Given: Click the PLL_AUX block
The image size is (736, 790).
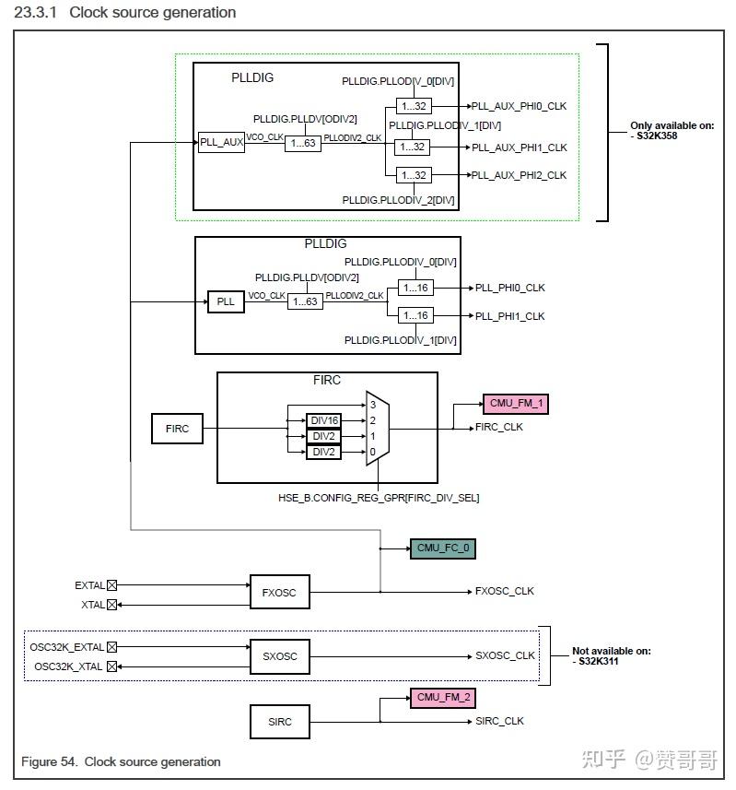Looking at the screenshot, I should pyautogui.click(x=222, y=143).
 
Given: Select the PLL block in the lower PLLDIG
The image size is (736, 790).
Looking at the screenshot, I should pyautogui.click(x=227, y=301).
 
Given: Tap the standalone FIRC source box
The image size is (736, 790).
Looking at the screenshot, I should pyautogui.click(x=177, y=429).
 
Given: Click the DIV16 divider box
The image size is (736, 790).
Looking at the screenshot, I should pyautogui.click(x=323, y=420).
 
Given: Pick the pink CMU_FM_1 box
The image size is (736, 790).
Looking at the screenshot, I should pyautogui.click(x=515, y=403).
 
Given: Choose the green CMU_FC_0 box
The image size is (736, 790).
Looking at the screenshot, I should pyautogui.click(x=442, y=548).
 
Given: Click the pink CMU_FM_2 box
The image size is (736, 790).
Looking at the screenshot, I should pyautogui.click(x=442, y=698).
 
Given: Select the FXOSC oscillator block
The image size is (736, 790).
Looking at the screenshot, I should pyautogui.click(x=280, y=593).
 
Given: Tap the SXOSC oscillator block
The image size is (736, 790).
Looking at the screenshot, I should pyautogui.click(x=280, y=656).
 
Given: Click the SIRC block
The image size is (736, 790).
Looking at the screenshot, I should pyautogui.click(x=280, y=721).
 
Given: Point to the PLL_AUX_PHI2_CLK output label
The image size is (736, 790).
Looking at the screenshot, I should pyautogui.click(x=520, y=175).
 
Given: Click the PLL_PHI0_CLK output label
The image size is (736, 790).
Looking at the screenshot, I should pyautogui.click(x=510, y=288).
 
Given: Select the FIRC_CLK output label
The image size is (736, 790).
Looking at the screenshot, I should pyautogui.click(x=499, y=428).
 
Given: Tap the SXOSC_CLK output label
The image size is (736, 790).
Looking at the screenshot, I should pyautogui.click(x=505, y=656).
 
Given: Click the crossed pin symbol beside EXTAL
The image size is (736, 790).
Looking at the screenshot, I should pyautogui.click(x=112, y=584).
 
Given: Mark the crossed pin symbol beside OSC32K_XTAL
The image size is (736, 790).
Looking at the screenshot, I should pyautogui.click(x=112, y=666).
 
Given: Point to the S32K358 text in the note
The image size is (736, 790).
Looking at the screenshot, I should pyautogui.click(x=661, y=136).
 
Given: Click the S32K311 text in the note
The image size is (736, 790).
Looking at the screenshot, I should pyautogui.click(x=602, y=662).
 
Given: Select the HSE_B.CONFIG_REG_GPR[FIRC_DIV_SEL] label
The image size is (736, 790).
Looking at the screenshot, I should pyautogui.click(x=379, y=498).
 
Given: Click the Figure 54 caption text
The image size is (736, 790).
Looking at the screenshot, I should pyautogui.click(x=121, y=761).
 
